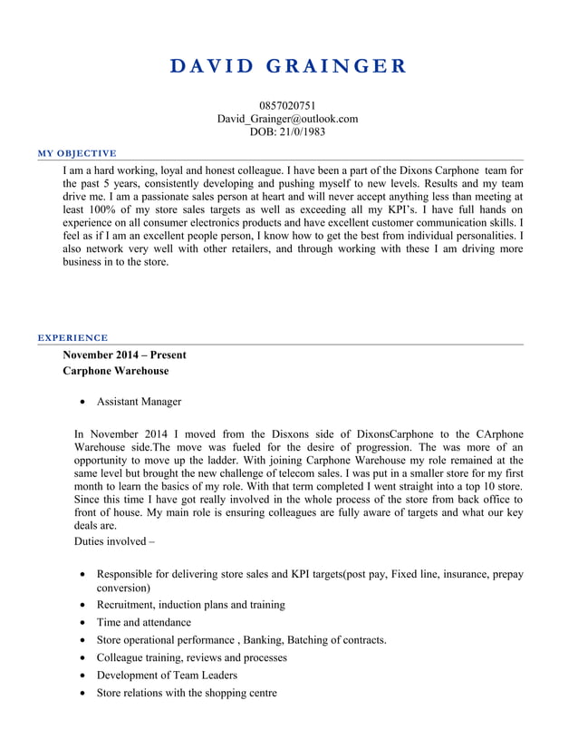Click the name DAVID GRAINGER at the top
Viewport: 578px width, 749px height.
point(288,66)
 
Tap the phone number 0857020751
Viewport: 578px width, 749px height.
point(287,106)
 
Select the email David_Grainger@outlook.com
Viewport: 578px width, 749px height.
point(287,119)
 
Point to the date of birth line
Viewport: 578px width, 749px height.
point(287,131)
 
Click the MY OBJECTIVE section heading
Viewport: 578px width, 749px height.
point(77,152)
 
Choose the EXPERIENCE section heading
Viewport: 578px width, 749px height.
point(72,337)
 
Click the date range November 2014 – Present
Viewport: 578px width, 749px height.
point(124,355)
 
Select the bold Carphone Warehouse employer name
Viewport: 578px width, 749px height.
point(115,371)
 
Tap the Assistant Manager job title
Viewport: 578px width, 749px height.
point(139,402)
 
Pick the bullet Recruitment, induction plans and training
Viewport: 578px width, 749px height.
point(190,604)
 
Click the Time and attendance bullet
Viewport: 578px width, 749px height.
point(143,622)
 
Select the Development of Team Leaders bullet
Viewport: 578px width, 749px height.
point(167,675)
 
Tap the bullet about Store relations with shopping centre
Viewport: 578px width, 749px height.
point(186,693)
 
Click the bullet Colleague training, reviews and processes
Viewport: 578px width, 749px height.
point(191,657)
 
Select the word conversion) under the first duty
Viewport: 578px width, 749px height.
point(123,588)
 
